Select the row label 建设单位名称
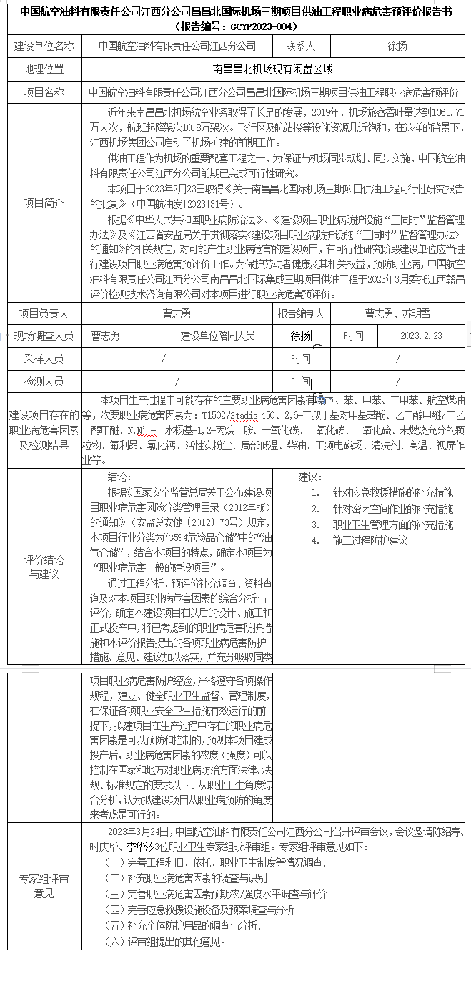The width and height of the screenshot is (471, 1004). (x=44, y=46)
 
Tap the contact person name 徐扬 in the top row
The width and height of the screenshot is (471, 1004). (x=397, y=46)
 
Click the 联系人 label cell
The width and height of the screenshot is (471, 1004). (x=300, y=46)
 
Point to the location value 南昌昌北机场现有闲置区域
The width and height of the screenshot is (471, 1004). (x=273, y=69)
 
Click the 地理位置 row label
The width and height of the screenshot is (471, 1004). (x=44, y=69)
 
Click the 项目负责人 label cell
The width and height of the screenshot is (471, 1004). (x=44, y=313)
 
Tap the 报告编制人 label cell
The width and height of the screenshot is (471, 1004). (x=301, y=313)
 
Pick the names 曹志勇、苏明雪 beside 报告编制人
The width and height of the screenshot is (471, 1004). (x=398, y=313)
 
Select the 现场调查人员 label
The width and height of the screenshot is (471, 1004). (x=44, y=336)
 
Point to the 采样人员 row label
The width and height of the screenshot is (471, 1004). (x=44, y=359)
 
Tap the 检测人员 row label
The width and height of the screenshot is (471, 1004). (x=44, y=381)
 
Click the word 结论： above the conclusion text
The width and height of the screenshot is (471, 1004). (x=119, y=477)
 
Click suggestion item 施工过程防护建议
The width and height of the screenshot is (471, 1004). (x=370, y=540)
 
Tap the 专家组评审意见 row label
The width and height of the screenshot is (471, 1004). (x=44, y=886)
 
